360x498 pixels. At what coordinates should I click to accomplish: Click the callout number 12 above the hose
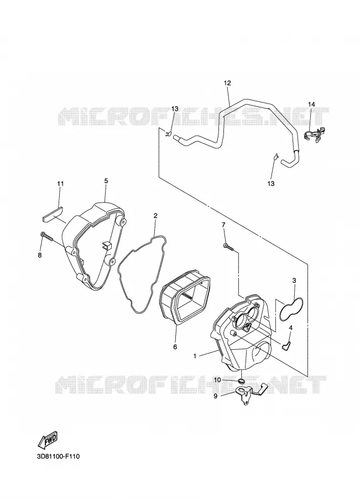(x=227, y=83)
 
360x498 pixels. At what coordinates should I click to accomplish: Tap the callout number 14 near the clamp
(x=311, y=104)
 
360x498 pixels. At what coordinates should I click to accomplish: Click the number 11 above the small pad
(x=60, y=184)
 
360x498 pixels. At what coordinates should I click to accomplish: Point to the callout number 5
(x=106, y=181)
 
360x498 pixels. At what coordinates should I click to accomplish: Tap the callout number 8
(x=40, y=255)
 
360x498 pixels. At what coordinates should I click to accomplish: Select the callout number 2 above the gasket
(x=155, y=216)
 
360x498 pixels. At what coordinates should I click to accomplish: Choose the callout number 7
(x=223, y=225)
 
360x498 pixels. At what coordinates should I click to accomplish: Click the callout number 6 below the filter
(x=175, y=347)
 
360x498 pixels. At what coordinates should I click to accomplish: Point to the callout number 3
(x=294, y=281)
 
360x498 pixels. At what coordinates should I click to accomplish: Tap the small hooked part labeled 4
(x=286, y=345)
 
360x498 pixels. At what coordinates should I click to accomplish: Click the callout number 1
(x=195, y=356)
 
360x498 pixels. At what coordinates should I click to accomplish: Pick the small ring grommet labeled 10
(x=242, y=381)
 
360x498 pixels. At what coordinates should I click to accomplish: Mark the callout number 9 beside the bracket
(x=215, y=396)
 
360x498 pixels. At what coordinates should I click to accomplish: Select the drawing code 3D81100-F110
(x=58, y=456)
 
